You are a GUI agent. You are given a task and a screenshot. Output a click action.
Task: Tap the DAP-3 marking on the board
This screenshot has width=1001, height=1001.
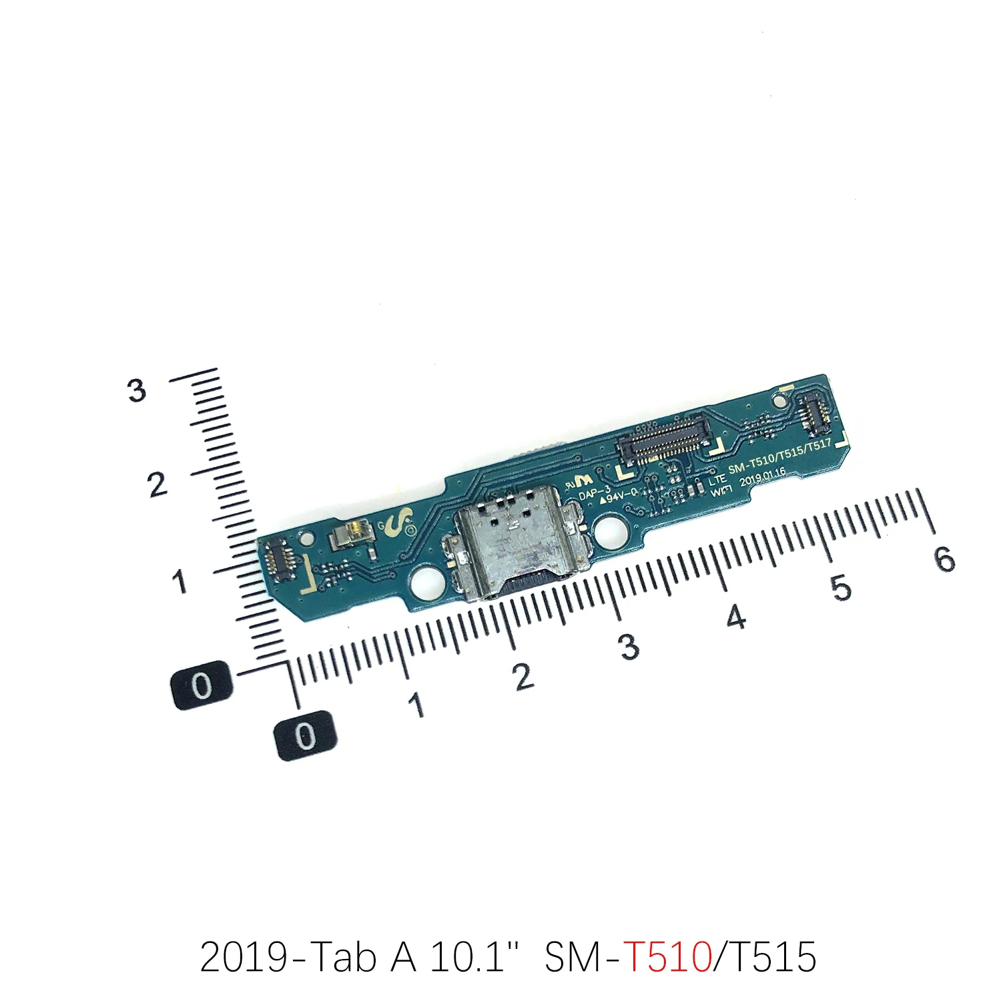594,492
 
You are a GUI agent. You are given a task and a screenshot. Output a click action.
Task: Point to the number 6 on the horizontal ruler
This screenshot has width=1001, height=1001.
944,559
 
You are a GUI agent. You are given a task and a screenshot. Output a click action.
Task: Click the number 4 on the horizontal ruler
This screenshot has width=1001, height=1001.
735,617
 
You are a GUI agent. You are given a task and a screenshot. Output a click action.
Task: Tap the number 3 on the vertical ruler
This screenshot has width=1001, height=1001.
136,390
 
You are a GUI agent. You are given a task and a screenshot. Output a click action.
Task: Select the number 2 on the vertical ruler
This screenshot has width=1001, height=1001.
157,484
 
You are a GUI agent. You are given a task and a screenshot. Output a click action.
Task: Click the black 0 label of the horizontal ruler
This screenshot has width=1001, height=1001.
305,735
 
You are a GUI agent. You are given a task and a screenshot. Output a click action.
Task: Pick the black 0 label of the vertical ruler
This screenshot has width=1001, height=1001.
202,685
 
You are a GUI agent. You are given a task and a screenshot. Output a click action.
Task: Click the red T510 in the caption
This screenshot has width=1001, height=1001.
667,957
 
